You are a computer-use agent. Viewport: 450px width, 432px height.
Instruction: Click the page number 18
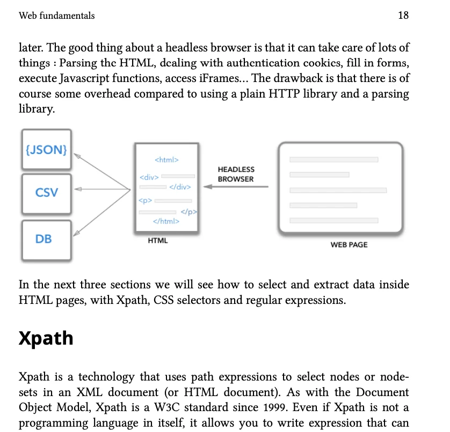(403, 16)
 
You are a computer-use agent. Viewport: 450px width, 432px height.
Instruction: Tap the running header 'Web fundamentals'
(56, 16)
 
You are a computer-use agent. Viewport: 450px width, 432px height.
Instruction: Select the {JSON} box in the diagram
(46, 150)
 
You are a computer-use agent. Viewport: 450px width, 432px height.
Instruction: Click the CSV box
(46, 192)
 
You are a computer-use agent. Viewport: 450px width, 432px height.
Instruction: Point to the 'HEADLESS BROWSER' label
(236, 174)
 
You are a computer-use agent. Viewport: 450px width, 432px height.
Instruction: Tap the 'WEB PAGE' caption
(349, 244)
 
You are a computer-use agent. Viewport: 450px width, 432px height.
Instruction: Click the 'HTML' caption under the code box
(158, 241)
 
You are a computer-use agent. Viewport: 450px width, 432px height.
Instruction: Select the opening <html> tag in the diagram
(166, 160)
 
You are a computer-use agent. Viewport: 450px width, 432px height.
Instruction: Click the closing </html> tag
(166, 221)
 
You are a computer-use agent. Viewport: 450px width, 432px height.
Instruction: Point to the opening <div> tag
(148, 176)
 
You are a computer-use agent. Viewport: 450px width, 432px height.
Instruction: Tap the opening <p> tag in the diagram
(145, 201)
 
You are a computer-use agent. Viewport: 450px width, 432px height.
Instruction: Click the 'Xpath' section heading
(46, 338)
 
